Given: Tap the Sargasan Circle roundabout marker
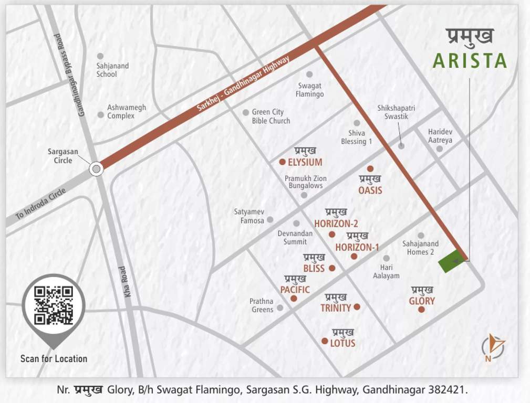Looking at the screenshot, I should click(x=96, y=169).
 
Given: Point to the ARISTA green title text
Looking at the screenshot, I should click(x=470, y=61).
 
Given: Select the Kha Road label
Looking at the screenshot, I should click(x=125, y=282).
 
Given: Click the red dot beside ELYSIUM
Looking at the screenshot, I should click(x=283, y=162).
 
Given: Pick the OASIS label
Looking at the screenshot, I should click(x=370, y=190).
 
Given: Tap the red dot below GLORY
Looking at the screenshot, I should click(x=421, y=310).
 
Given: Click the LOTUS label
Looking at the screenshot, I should click(x=342, y=344).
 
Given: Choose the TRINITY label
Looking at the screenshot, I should click(x=336, y=308).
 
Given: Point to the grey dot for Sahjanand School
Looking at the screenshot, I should click(x=100, y=56).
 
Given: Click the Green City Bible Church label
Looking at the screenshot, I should click(x=271, y=116).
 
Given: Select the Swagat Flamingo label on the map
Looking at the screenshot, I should click(x=309, y=90).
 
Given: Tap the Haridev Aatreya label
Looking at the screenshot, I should click(x=440, y=136).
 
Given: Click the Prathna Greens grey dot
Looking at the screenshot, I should click(x=280, y=308).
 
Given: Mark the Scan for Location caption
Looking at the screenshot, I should click(x=54, y=359).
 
